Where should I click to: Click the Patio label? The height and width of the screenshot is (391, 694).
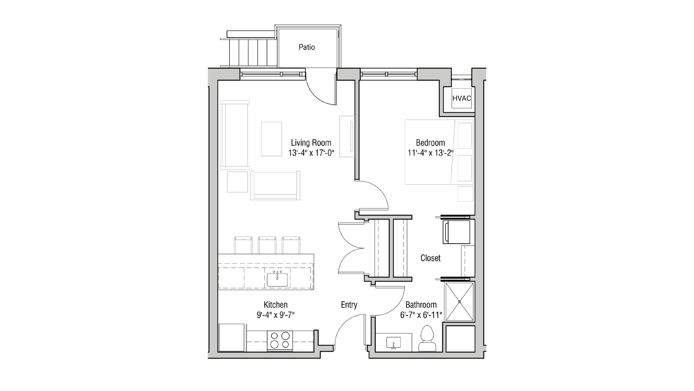coord(307,47)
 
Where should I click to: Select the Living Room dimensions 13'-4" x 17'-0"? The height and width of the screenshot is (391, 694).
coord(311,153)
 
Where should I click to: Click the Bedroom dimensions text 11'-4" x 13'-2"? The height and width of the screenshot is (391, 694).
coord(430,153)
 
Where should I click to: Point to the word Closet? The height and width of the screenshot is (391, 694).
coord(430,258)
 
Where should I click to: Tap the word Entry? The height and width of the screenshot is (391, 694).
coord(349,305)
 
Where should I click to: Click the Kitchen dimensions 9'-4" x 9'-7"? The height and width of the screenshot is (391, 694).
coord(275,315)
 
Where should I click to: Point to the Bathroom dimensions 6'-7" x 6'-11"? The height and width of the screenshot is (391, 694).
coord(421,315)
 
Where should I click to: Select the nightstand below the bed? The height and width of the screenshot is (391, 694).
coord(465,194)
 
